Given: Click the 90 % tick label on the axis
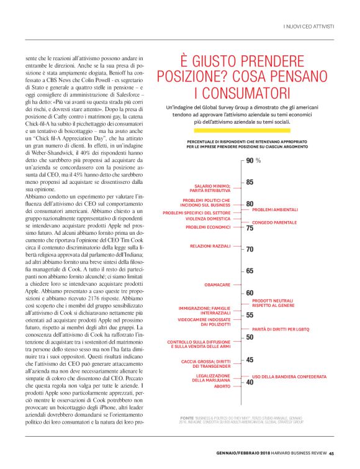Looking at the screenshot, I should tap(252, 160).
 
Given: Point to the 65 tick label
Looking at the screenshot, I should tap(250, 271).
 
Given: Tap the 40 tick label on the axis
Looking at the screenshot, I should tap(250, 382).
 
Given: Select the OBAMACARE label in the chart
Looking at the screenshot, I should tap(218, 285).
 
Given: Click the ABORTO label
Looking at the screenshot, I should tap(222, 386).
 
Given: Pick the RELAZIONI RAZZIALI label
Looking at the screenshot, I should tap(210, 247).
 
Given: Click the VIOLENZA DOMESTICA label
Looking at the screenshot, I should tap(209, 219).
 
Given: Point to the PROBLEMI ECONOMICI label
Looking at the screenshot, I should tap(208, 227).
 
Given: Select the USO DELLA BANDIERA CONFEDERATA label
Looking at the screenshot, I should tap(289, 376).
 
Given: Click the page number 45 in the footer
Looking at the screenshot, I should tap(332, 452).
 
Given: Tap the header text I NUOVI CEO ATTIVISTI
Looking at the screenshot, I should tap(308, 26).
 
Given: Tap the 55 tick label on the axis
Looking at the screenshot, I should tap(250, 316).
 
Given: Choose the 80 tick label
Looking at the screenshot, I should tap(250, 204).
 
